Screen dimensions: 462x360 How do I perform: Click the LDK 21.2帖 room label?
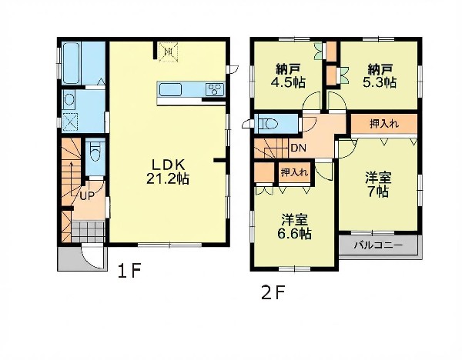click(168, 172)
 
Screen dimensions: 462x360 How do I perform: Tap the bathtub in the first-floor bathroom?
click(72, 63)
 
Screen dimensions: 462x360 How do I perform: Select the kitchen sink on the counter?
click(170, 89)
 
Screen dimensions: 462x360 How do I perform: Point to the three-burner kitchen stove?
click(216, 89)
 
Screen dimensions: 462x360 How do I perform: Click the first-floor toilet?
click(95, 152)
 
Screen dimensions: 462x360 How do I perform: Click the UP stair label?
click(87, 195)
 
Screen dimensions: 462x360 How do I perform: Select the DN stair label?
click(298, 148)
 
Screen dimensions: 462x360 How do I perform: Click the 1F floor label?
click(129, 271)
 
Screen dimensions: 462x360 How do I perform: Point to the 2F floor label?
click(273, 293)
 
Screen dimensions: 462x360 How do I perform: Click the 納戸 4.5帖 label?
click(288, 76)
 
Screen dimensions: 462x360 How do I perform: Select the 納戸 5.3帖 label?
click(379, 76)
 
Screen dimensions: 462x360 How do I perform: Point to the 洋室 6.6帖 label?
click(294, 227)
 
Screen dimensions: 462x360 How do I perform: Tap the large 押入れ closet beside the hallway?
click(384, 124)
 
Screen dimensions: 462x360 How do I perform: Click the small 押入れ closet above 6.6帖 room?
click(294, 172)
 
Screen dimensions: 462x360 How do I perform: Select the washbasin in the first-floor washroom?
click(69, 99)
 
